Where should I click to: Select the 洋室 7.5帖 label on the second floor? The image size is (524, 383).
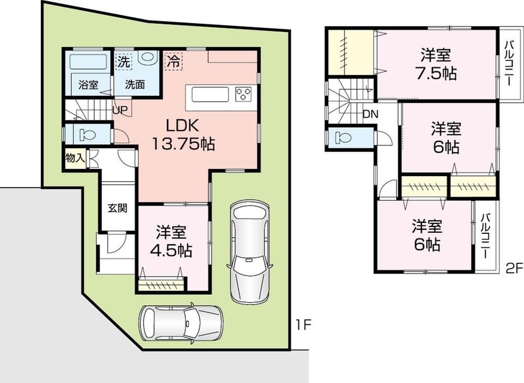pyautogui.click(x=438, y=63)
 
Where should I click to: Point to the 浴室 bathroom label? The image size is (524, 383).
pyautogui.click(x=88, y=85)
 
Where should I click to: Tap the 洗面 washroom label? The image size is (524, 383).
pyautogui.click(x=135, y=85)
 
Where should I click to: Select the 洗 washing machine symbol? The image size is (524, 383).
pyautogui.click(x=124, y=61)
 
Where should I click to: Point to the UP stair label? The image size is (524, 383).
pyautogui.click(x=118, y=110)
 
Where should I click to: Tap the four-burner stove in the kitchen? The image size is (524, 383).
pyautogui.click(x=244, y=94)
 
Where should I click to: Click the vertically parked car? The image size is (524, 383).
pyautogui.click(x=249, y=252)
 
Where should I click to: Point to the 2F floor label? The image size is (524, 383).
pyautogui.click(x=515, y=268)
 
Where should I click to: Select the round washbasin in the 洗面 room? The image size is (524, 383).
pyautogui.click(x=147, y=57)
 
